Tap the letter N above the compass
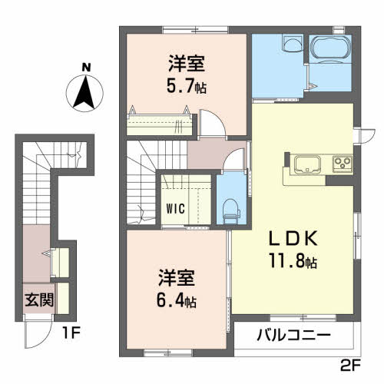click(x=87, y=67)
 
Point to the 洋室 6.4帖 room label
click(x=177, y=287)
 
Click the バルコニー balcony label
click(x=293, y=336)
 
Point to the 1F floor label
click(x=71, y=336)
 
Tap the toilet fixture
click(x=227, y=206)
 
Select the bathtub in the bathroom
click(x=329, y=51)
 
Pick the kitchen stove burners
click(x=341, y=163)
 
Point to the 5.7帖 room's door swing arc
click(x=211, y=123)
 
